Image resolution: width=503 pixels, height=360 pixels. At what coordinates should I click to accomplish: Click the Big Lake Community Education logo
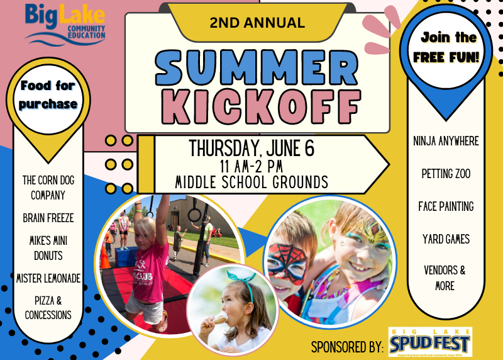click(65, 23)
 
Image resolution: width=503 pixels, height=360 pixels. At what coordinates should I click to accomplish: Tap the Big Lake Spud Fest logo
click(429, 342)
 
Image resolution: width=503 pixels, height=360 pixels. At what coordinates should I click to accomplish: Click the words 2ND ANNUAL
click(258, 23)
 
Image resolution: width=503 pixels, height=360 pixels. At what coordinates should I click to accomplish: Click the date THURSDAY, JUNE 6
click(251, 149)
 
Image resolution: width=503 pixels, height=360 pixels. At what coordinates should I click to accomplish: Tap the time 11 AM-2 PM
click(251, 167)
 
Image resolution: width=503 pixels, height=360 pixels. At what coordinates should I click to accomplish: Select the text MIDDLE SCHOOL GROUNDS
click(251, 183)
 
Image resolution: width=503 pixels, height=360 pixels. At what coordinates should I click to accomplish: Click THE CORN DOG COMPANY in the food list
click(48, 188)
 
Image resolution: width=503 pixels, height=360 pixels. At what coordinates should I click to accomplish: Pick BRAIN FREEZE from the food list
click(48, 218)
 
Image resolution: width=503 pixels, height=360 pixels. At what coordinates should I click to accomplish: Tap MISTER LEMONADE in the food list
click(48, 278)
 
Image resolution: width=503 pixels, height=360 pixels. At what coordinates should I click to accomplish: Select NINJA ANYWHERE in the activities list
click(446, 141)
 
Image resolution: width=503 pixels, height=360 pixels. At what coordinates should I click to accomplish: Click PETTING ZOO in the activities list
click(446, 174)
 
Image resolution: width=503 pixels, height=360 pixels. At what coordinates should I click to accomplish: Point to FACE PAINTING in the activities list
click(446, 206)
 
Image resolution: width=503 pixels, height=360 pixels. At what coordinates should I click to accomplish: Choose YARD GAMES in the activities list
click(446, 239)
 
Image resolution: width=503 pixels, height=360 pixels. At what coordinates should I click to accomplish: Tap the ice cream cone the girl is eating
click(219, 319)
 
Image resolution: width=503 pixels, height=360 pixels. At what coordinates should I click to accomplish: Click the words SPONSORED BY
click(347, 346)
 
